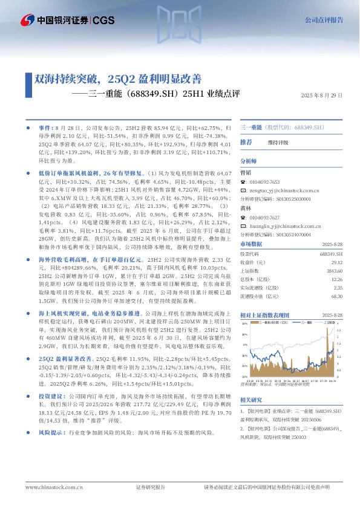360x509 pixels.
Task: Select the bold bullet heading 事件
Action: pyautogui.click(x=46, y=129)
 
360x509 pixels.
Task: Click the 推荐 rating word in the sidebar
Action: pyautogui.click(x=246, y=142)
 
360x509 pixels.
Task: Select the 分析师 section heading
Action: pyautogui.click(x=249, y=161)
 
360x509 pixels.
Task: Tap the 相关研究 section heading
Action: pyautogui.click(x=251, y=400)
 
